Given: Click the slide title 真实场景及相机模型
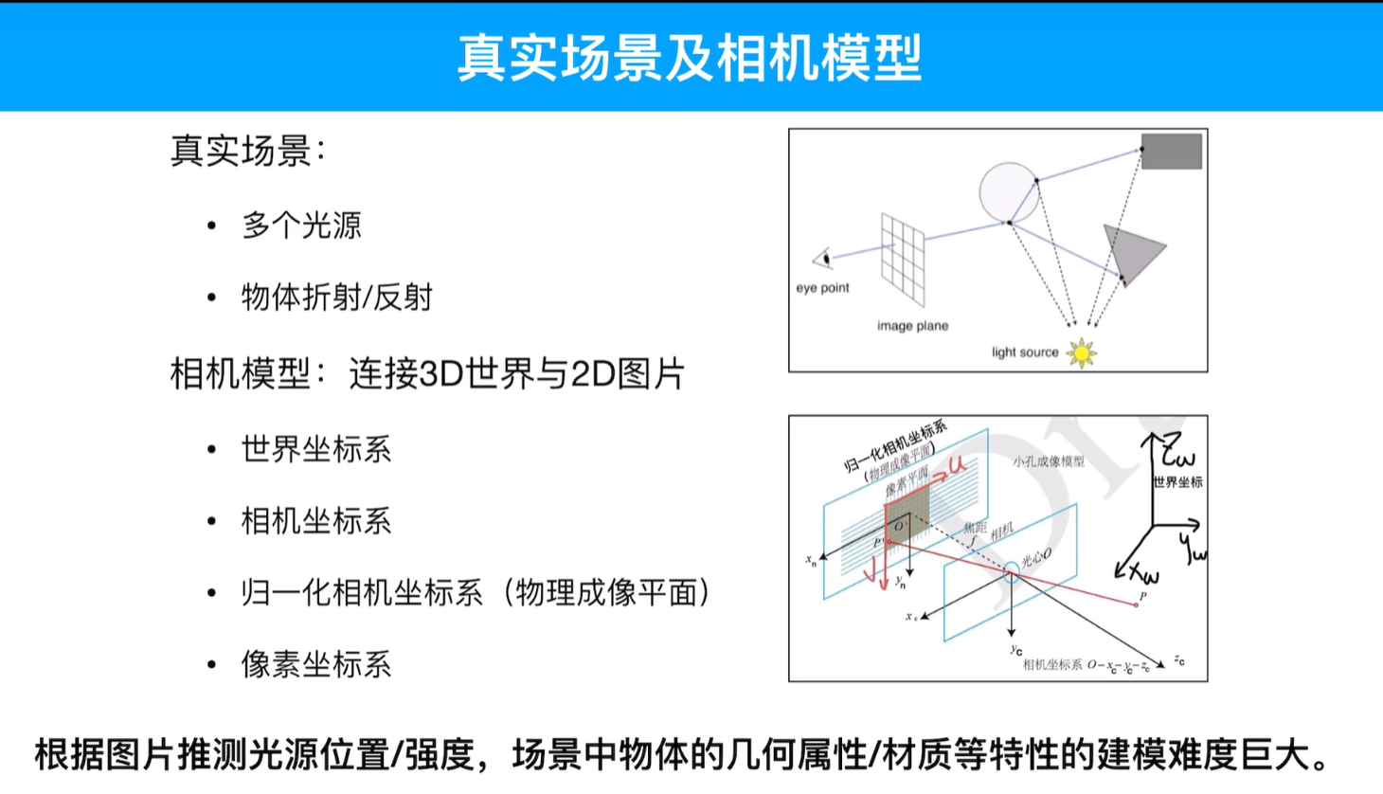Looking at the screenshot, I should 690,57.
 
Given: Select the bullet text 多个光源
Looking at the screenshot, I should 301,226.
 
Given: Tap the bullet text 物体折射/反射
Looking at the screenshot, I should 336,298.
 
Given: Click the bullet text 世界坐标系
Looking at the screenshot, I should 316,449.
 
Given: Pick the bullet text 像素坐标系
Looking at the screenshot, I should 316,664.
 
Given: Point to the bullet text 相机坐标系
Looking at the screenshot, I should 316,521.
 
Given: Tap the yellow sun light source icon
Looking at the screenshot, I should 1081,352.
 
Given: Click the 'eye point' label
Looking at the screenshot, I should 822,288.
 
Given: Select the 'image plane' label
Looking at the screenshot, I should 912,326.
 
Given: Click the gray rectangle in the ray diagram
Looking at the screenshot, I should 1172,152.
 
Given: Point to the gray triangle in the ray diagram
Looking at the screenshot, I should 1130,250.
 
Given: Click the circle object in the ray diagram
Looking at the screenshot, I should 1008,191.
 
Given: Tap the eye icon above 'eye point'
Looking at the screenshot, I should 822,258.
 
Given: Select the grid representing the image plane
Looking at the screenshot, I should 903,258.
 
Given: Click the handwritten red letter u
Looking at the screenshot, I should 957,464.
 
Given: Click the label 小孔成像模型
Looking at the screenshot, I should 1048,461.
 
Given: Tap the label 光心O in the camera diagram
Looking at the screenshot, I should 1036,557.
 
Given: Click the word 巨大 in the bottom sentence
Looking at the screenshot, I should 1276,755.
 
